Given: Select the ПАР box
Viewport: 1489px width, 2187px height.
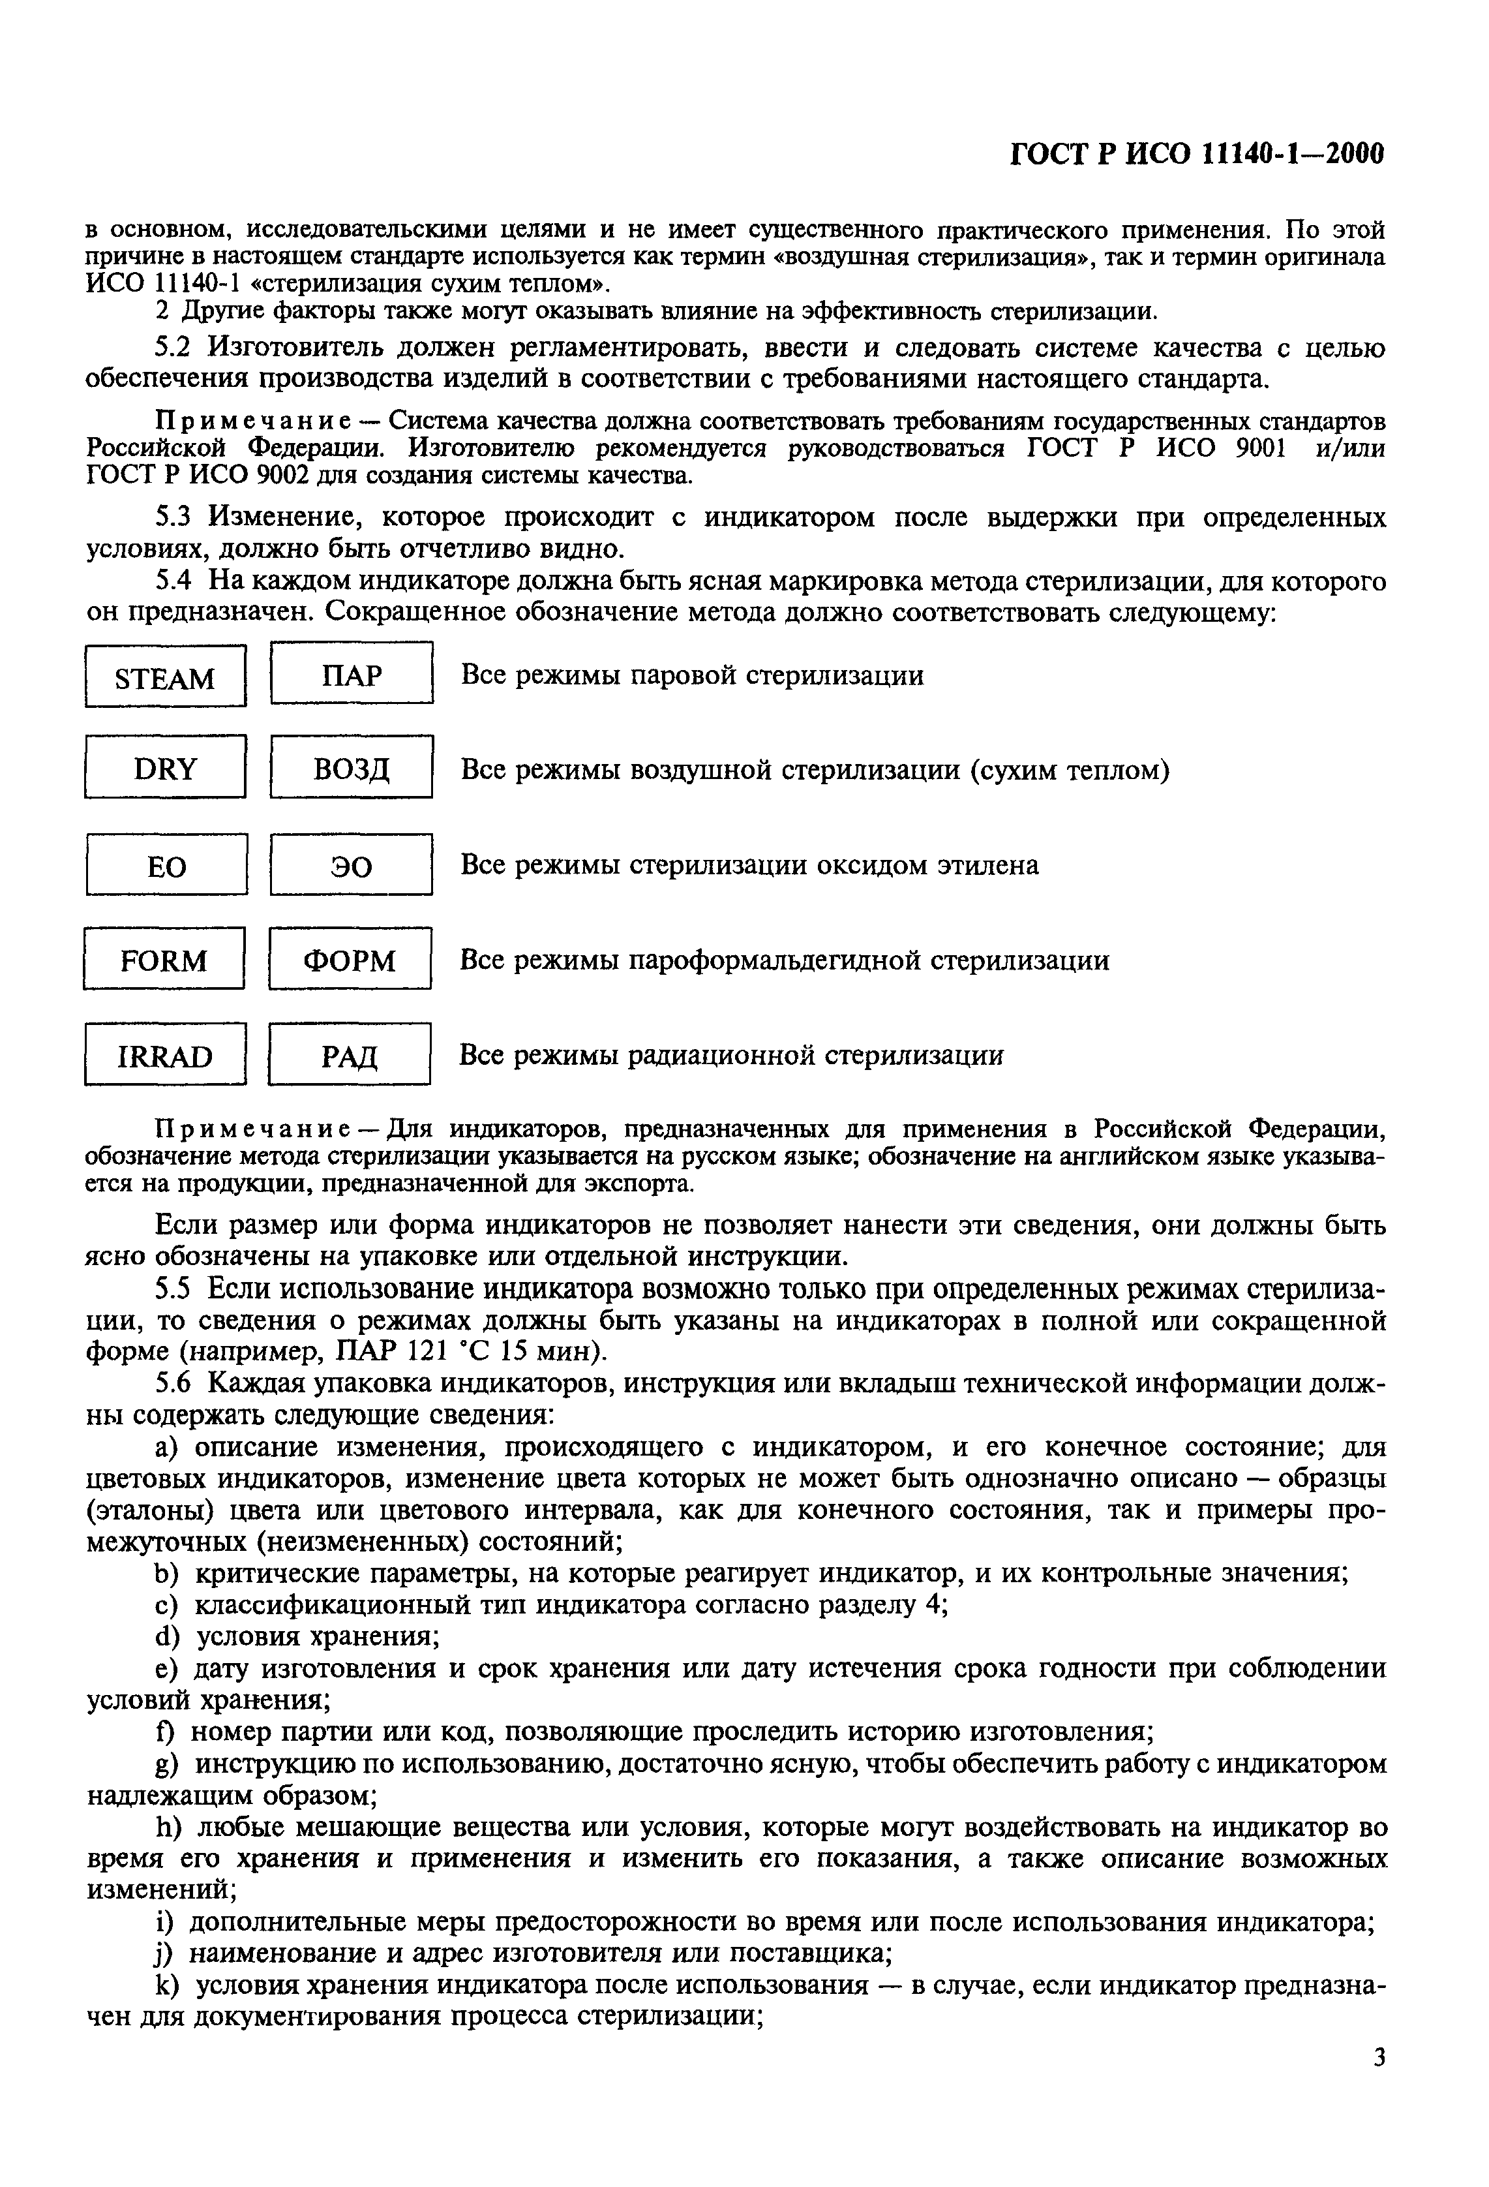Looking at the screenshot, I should (x=351, y=675).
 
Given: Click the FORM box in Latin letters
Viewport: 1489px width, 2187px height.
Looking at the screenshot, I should (x=164, y=960).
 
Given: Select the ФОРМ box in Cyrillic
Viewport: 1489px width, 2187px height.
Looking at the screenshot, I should (x=350, y=960).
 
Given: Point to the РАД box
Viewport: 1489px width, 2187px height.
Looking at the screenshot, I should (x=349, y=1056).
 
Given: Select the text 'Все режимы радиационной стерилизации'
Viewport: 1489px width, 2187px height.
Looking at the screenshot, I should (x=731, y=1056).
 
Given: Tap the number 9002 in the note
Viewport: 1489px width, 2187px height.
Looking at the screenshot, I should (x=282, y=476).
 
